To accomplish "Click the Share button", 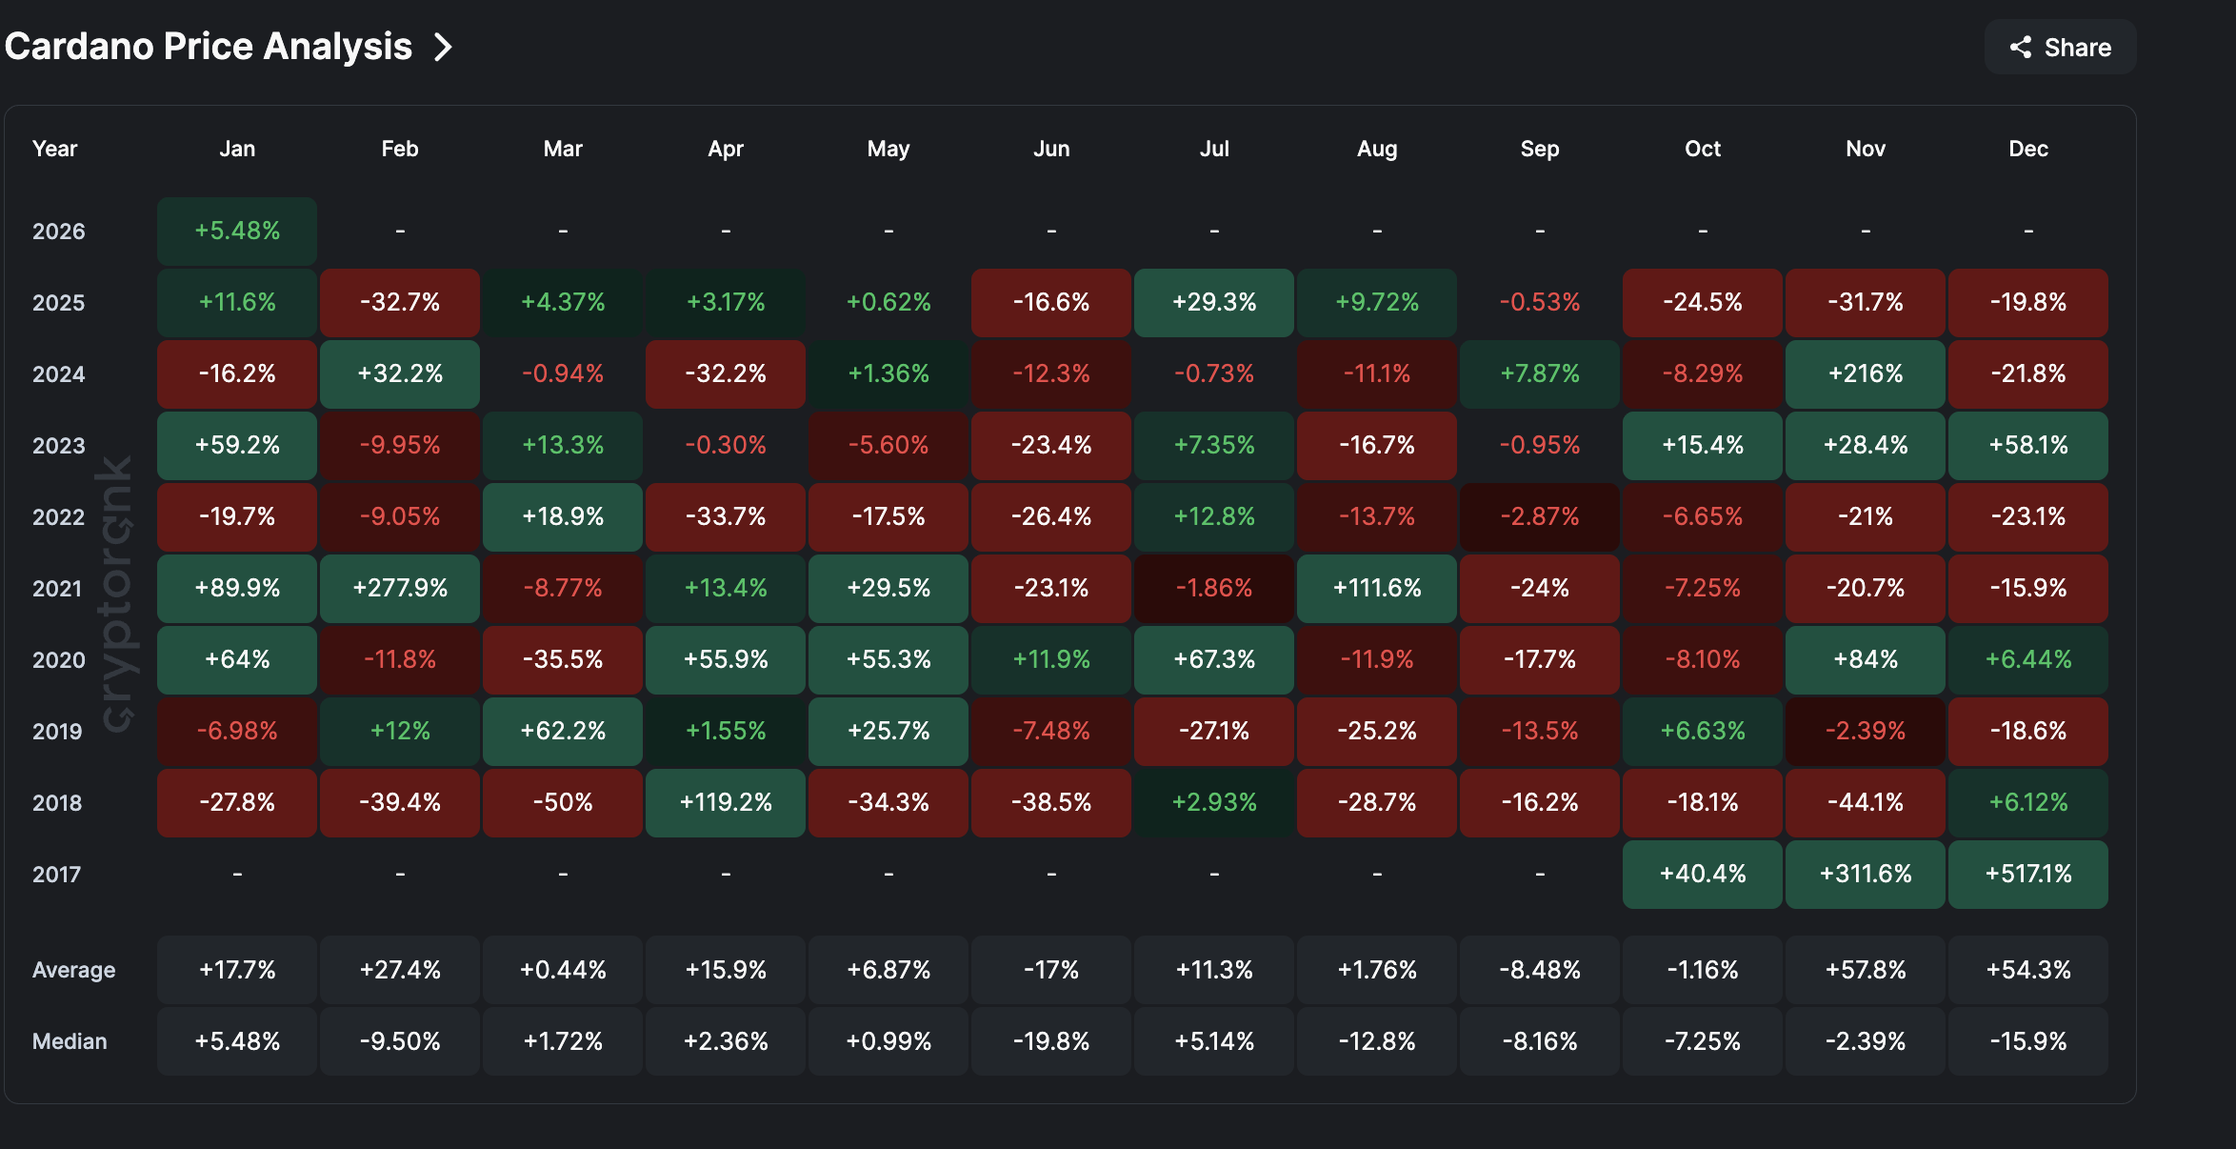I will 2060,48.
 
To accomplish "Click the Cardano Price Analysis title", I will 209,47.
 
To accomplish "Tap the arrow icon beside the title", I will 443,47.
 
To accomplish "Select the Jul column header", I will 1214,149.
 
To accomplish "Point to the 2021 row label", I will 57,589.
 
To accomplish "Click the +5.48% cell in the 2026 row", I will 237,231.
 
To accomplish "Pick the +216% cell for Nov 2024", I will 1865,373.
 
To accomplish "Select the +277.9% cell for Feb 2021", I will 400,588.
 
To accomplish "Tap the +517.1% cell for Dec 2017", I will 2027,874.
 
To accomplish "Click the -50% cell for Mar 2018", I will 563,802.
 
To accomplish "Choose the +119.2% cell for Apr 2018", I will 726,802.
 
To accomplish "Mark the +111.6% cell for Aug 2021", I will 1377,588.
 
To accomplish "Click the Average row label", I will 73,970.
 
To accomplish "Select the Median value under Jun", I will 1051,1041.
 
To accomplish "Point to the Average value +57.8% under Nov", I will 1865,970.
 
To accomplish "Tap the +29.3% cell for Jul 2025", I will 1214,302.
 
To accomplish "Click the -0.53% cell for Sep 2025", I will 1540,302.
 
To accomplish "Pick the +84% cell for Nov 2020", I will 1865,659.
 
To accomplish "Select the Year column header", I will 54,149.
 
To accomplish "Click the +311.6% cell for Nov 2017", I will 1865,874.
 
